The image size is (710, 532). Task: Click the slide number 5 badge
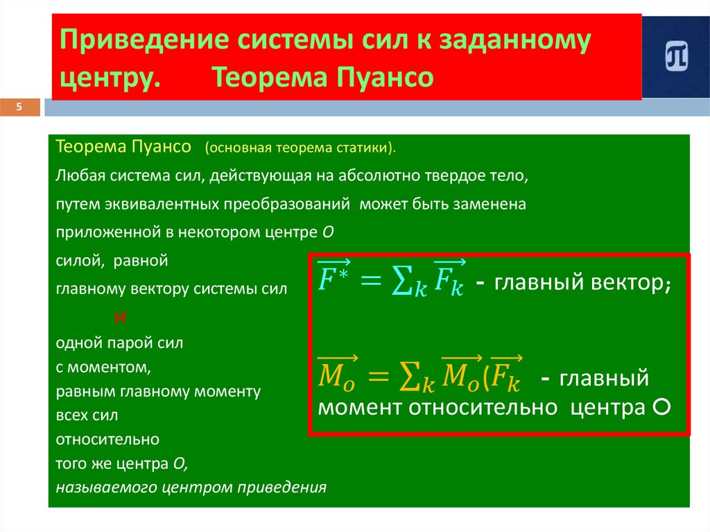pos(19,107)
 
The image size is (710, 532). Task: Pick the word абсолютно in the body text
pos(370,176)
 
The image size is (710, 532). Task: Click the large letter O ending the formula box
pos(661,408)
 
